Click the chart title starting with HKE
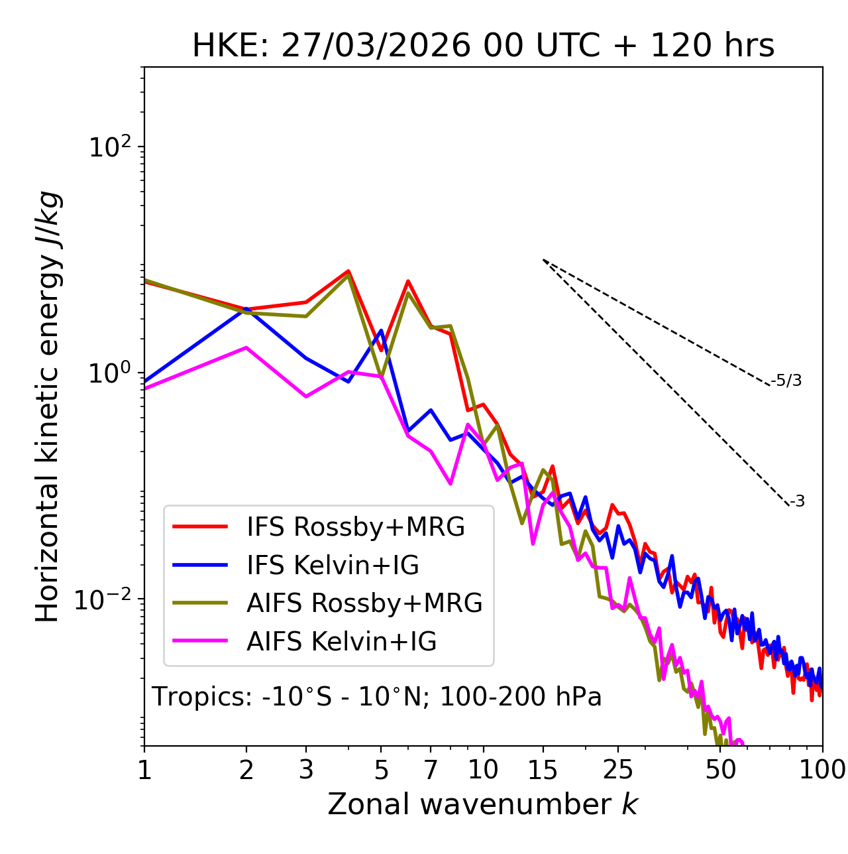click(x=483, y=46)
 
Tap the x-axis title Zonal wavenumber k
click(x=482, y=804)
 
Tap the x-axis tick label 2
click(x=246, y=770)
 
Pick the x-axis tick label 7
click(x=431, y=770)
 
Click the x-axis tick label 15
click(x=543, y=770)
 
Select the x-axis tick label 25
click(x=618, y=770)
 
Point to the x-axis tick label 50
click(x=720, y=770)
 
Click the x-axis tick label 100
click(x=822, y=770)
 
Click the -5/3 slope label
click(x=786, y=381)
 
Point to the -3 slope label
click(x=797, y=502)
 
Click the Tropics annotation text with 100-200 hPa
click(x=376, y=698)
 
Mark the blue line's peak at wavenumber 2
click(x=246, y=309)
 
